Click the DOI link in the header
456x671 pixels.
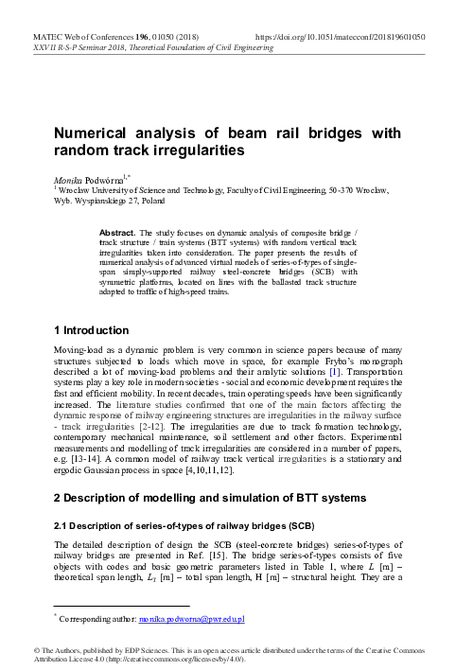[340, 35]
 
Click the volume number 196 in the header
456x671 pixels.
[140, 35]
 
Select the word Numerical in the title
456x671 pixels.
[91, 135]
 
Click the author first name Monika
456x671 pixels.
[67, 177]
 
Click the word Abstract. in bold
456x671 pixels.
[118, 232]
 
